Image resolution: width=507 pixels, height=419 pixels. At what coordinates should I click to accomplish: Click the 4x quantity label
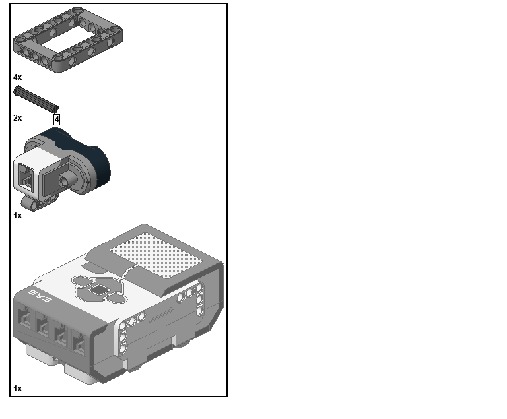pos(17,77)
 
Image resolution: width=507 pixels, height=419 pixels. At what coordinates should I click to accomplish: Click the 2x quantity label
pos(17,118)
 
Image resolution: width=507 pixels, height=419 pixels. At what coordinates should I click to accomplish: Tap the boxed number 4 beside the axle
pos(57,119)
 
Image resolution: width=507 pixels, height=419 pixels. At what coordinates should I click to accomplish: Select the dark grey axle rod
pos(36,98)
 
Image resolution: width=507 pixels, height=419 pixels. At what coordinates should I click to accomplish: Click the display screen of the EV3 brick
pos(156,255)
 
